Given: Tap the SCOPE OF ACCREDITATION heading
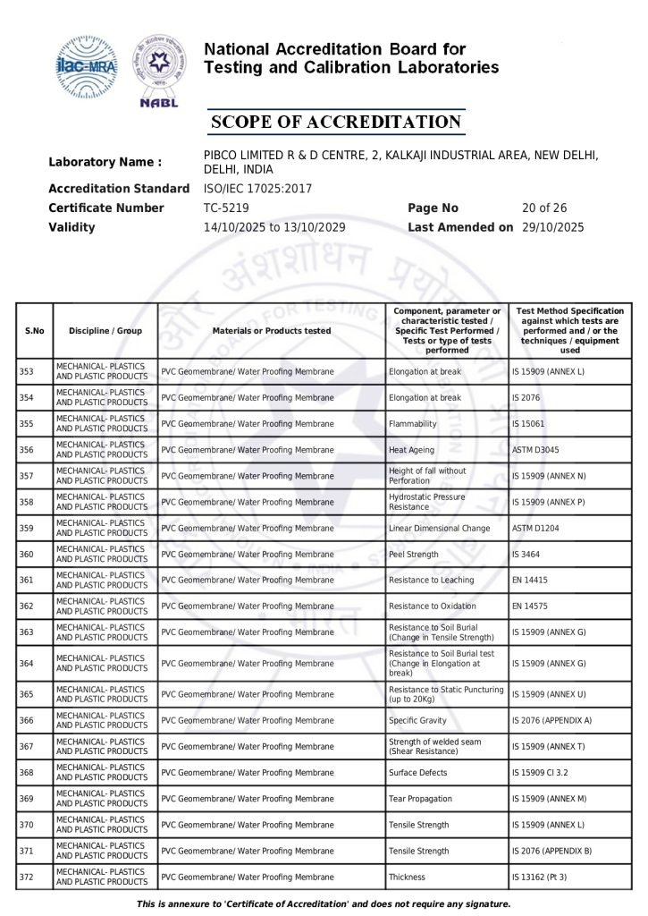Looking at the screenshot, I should (x=336, y=123).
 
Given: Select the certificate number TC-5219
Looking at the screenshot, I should (x=226, y=208).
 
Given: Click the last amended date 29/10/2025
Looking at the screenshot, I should (x=552, y=227).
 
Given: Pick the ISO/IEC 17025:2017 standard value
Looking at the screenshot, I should (x=258, y=189).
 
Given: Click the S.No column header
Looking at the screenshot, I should (x=35, y=331).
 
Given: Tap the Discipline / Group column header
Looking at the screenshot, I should (x=105, y=331).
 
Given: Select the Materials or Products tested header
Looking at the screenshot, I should (x=272, y=331).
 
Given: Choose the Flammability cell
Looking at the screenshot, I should (x=413, y=424).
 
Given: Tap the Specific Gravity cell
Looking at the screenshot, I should (x=418, y=720).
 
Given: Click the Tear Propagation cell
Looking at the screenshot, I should (x=420, y=798).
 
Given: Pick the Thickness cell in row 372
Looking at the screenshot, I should (x=407, y=877).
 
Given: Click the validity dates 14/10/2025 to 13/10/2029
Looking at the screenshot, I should (x=275, y=227).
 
